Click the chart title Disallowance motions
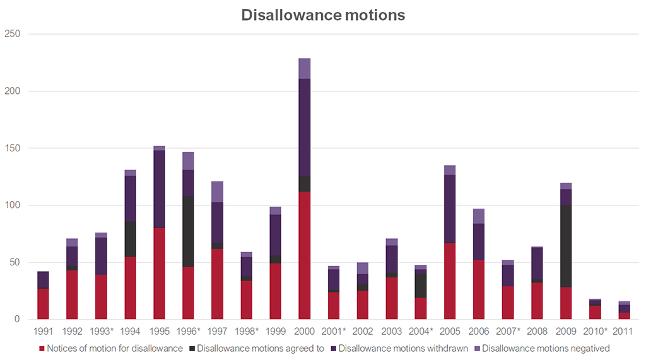pos(323,15)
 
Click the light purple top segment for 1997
pos(218,192)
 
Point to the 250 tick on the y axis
pos(13,34)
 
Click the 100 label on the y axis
pos(13,206)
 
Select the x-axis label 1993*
pos(102,331)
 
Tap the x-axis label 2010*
pos(594,331)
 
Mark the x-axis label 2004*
pos(421,331)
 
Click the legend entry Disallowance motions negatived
pos(546,347)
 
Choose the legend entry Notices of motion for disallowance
pos(114,347)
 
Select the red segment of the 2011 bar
pos(623,316)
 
